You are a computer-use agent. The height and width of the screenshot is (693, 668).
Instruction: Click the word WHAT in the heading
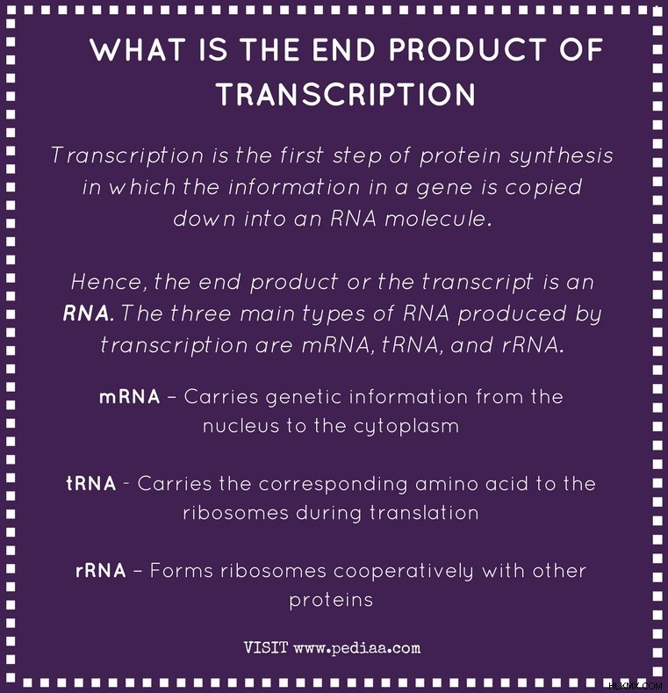click(138, 49)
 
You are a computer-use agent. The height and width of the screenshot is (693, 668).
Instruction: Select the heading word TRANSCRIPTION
click(346, 94)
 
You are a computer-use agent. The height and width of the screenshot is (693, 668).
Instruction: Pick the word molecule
click(438, 219)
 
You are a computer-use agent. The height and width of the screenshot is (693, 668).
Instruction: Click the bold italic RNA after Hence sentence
click(88, 314)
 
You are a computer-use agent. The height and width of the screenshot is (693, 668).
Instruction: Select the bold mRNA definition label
click(129, 397)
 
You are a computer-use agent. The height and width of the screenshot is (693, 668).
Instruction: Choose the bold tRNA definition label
click(91, 483)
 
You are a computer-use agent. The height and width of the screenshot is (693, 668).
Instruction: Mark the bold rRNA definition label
click(101, 571)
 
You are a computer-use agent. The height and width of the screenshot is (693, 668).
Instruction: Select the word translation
click(424, 513)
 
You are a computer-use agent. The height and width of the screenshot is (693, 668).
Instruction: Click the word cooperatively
click(404, 572)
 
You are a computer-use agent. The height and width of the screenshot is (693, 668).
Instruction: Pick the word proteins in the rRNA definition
click(331, 601)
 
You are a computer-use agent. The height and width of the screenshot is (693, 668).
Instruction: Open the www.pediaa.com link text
click(357, 649)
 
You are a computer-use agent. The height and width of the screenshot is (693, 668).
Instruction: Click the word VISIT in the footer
click(266, 648)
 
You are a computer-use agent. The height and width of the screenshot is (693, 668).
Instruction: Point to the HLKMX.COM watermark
click(636, 686)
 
